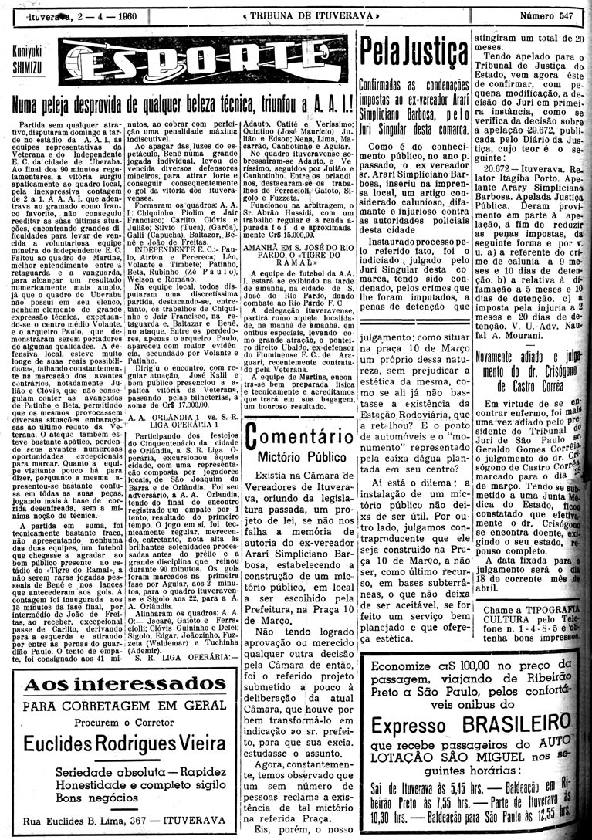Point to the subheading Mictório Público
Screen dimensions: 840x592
tap(296, 458)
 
